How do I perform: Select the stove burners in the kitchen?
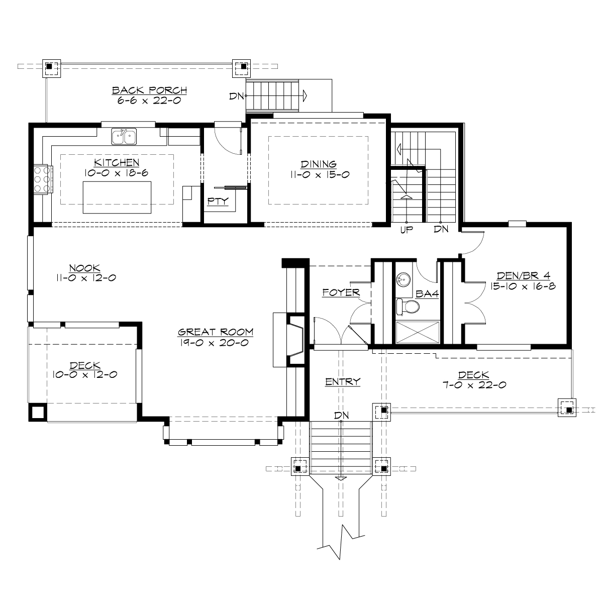(42, 179)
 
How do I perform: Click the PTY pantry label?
(218, 202)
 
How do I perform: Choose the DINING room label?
(319, 164)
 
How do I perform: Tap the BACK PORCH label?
(142, 90)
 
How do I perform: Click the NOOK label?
(85, 268)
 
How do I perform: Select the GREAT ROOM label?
(216, 332)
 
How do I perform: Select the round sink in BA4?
(404, 278)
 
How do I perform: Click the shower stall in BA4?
(418, 333)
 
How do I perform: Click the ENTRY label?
(343, 382)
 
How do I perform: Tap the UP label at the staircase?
(406, 231)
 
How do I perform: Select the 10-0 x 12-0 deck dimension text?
(85, 374)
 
